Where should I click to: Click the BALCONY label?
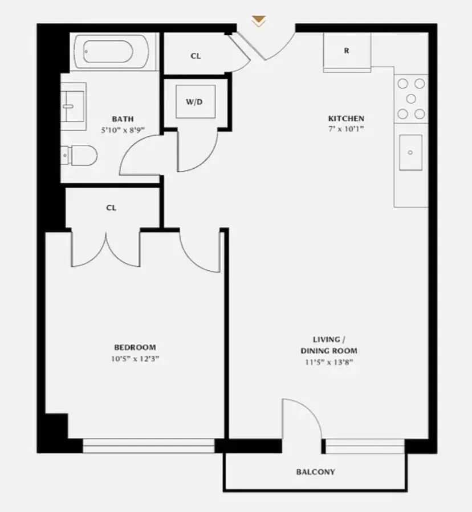point(315,472)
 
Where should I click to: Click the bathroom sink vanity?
point(74,102)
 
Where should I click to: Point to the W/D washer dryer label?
point(194,102)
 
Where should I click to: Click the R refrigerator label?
point(346,51)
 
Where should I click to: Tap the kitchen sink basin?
point(410,152)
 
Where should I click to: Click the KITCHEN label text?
point(345,119)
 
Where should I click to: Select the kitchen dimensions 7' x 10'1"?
point(345,129)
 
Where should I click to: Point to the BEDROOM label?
point(135,347)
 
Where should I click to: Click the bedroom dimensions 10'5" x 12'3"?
point(135,359)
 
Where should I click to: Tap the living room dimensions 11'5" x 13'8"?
point(330,362)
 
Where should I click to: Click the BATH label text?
point(123,119)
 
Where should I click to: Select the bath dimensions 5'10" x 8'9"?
point(122,129)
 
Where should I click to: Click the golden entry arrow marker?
point(259,22)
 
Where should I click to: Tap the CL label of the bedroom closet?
point(111,208)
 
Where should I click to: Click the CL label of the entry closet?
point(196,56)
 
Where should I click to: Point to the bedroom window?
point(149,445)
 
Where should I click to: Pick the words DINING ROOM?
point(330,351)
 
